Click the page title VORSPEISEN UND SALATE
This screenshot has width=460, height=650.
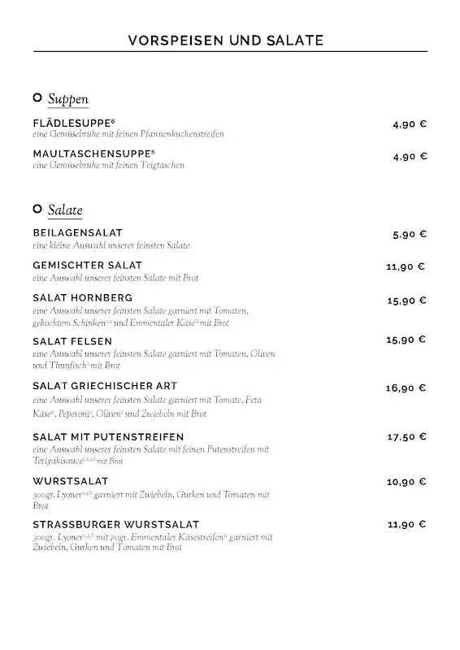click(x=227, y=40)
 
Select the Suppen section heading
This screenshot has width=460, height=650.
click(x=67, y=99)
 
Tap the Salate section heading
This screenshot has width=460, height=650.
click(x=65, y=210)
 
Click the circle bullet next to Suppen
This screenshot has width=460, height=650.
click(x=37, y=98)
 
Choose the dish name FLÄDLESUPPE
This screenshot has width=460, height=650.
click(x=77, y=123)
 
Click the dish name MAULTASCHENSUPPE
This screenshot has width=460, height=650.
click(x=93, y=154)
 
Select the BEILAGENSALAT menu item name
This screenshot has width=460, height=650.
click(x=78, y=233)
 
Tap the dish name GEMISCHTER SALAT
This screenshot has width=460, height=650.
click(x=88, y=266)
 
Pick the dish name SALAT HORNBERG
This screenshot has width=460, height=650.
click(x=83, y=297)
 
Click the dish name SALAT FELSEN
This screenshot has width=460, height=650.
click(x=72, y=341)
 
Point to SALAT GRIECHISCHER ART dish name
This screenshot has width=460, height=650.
click(x=105, y=386)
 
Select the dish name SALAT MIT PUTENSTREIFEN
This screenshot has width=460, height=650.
click(x=108, y=437)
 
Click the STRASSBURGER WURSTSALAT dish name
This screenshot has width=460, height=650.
click(x=116, y=525)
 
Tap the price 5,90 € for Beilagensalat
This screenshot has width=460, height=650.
click(x=409, y=234)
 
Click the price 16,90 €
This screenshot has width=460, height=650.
click(x=406, y=388)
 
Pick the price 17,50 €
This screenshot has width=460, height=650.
click(x=406, y=437)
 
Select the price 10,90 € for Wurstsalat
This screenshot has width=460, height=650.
click(x=406, y=482)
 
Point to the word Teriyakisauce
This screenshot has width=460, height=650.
click(x=58, y=461)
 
